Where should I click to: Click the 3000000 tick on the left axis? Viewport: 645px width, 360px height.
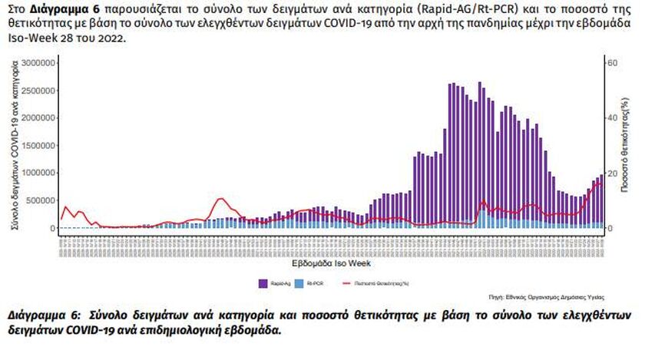[x=36, y=62]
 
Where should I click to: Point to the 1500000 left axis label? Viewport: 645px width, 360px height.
[x=36, y=145]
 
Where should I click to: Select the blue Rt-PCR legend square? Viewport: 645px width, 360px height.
[x=301, y=283]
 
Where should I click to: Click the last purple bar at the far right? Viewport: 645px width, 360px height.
[x=600, y=201]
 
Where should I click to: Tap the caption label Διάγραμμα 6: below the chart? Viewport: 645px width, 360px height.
[x=42, y=316]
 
